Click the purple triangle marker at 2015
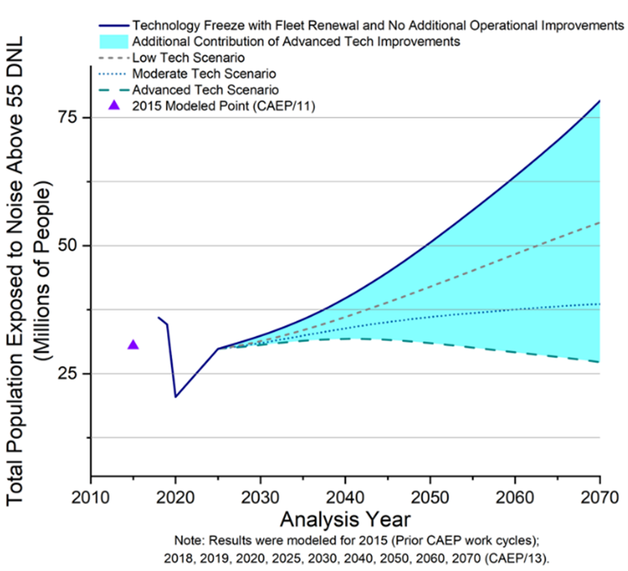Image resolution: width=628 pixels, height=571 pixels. click(x=133, y=345)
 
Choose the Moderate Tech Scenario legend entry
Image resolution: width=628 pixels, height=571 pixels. click(x=205, y=73)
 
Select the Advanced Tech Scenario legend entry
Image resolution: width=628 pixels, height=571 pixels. click(x=206, y=90)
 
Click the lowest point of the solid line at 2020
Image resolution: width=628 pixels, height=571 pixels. click(x=176, y=397)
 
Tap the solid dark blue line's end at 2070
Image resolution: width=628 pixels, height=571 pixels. click(x=600, y=101)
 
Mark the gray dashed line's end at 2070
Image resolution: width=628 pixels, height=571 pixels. click(x=600, y=223)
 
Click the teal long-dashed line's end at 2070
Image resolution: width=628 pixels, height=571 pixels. click(x=600, y=362)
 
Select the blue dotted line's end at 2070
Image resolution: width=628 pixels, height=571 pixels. click(x=600, y=304)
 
